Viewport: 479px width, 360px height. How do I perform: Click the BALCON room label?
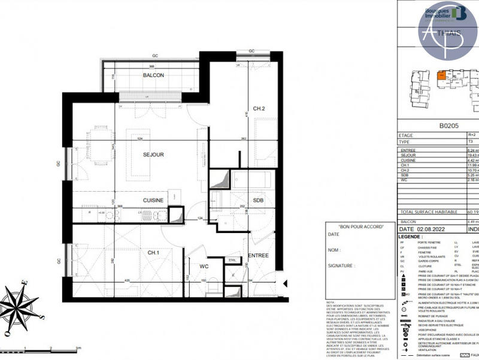point(154,75)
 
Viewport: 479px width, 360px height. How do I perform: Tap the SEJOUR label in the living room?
point(153,155)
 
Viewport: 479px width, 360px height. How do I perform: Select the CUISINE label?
point(153,200)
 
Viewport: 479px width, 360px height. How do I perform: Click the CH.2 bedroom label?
point(259,108)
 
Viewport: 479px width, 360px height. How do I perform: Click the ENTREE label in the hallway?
point(259,256)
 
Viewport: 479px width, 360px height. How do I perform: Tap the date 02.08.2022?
point(432,229)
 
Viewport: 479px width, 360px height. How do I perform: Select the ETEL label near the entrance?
point(232,259)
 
